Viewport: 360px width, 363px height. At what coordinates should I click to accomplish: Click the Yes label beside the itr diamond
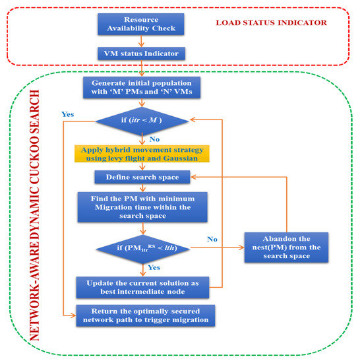pyautogui.click(x=67, y=114)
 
